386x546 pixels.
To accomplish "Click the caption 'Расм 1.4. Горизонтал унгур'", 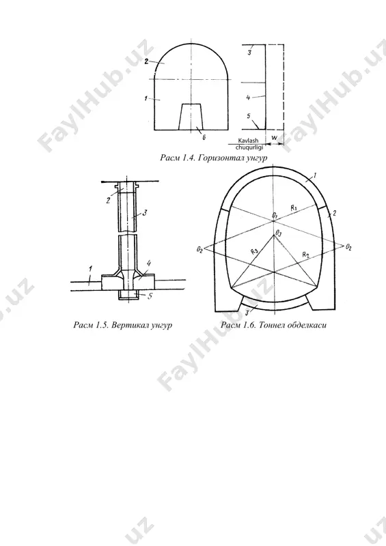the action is click(214, 158).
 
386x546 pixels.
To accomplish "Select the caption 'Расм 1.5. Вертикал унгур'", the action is click(123, 326).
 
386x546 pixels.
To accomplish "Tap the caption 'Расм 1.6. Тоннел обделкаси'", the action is click(274, 326).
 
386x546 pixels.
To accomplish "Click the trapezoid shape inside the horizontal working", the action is click(191, 117).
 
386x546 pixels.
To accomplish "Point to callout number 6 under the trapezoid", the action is click(204, 137).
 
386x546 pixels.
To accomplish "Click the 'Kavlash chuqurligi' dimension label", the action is click(247, 144).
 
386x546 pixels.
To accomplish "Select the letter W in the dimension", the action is click(275, 138).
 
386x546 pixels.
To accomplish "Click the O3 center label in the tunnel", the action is click(278, 232).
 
